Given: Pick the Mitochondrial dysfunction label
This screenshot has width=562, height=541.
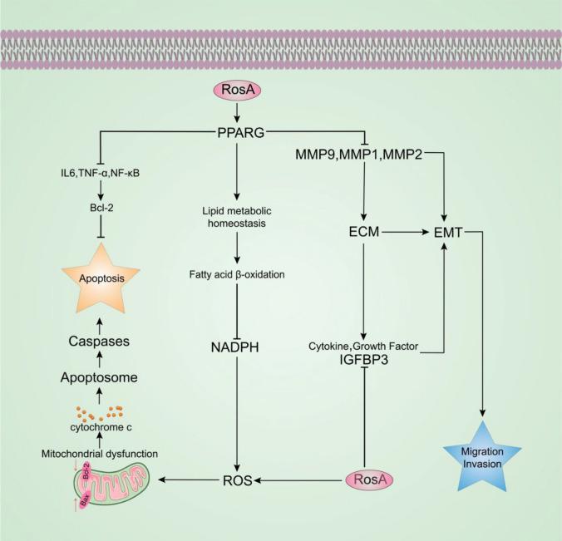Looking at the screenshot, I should pos(99,430).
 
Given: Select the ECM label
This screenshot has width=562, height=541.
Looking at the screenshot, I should pos(362,235).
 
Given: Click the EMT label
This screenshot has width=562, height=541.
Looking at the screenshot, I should pos(447,235).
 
